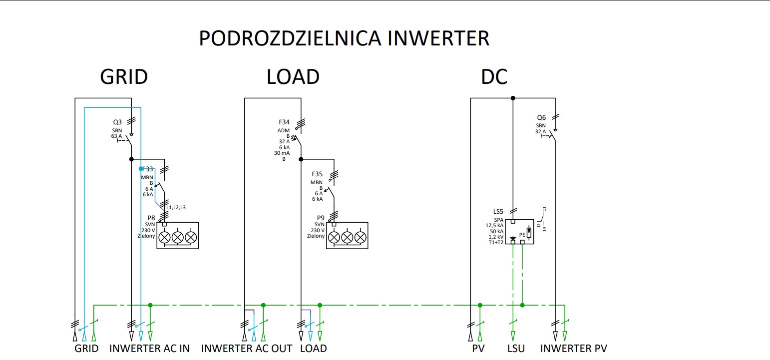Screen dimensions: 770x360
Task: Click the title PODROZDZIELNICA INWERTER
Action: point(344,38)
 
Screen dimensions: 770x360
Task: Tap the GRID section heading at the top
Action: point(124,76)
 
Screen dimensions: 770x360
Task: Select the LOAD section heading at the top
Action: point(293,76)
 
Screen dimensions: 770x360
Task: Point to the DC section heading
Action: point(494,76)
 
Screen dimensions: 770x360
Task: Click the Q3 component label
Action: point(117,122)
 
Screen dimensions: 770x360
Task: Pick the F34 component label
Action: point(284,122)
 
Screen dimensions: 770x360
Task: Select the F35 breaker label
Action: point(317,174)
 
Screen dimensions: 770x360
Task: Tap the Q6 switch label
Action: point(541,118)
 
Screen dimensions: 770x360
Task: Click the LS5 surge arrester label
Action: point(498,212)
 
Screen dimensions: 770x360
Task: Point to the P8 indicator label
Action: point(151,218)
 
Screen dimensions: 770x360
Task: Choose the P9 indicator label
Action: point(321,218)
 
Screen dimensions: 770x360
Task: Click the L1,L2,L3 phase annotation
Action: point(176,207)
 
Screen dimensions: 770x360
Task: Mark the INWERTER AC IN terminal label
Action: point(149,349)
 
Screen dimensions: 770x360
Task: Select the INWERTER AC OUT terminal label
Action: point(247,349)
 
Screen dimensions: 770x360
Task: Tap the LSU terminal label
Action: point(516,349)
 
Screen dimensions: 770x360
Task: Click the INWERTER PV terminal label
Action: point(573,349)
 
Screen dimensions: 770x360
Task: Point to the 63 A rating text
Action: point(116,136)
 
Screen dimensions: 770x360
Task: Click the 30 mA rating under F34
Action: point(282,153)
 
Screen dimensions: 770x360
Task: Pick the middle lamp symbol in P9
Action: point(347,237)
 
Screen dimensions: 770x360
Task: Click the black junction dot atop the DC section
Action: point(513,98)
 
